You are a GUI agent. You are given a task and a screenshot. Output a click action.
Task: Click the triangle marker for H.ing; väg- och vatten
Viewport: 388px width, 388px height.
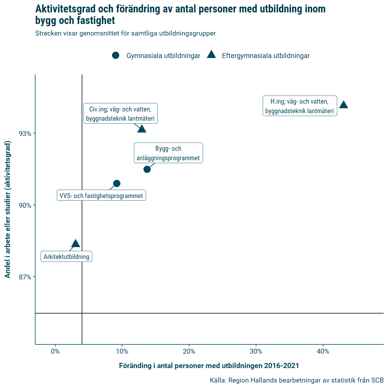[344, 105]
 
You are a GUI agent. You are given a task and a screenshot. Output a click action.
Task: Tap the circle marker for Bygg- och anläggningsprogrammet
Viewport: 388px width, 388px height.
[147, 169]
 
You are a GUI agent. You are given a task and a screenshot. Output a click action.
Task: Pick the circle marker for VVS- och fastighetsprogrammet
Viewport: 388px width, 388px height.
[117, 183]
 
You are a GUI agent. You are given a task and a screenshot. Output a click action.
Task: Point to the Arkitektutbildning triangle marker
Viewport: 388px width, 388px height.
[75, 244]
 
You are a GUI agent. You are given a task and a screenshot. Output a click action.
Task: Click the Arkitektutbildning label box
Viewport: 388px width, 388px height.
[66, 256]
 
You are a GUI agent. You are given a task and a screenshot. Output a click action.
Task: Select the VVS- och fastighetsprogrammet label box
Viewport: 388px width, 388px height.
[101, 195]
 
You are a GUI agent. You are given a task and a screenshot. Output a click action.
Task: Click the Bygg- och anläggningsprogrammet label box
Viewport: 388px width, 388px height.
[168, 153]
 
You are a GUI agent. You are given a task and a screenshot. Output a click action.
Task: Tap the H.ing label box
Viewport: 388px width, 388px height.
[300, 106]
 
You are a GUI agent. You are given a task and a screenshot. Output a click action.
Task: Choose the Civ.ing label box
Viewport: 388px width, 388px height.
[120, 113]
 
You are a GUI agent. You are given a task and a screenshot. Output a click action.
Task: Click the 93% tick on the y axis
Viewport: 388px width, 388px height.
[25, 134]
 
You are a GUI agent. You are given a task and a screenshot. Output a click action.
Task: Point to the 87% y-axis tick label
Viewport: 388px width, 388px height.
[25, 277]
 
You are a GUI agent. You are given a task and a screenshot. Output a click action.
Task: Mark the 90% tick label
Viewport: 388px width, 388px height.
[25, 206]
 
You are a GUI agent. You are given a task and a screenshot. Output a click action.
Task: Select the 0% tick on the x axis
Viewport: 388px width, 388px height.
[55, 351]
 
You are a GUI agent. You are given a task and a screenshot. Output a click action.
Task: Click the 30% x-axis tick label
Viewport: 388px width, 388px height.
[256, 351]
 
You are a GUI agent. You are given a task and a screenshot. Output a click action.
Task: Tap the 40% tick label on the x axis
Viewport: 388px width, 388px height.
[323, 351]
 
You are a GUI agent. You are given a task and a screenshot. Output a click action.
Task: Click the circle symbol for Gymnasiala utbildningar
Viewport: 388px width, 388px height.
[116, 55]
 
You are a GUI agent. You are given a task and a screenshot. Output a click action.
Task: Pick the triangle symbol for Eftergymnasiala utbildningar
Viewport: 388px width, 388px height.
[211, 55]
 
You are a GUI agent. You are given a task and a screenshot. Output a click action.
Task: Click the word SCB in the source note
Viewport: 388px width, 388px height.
[377, 380]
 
